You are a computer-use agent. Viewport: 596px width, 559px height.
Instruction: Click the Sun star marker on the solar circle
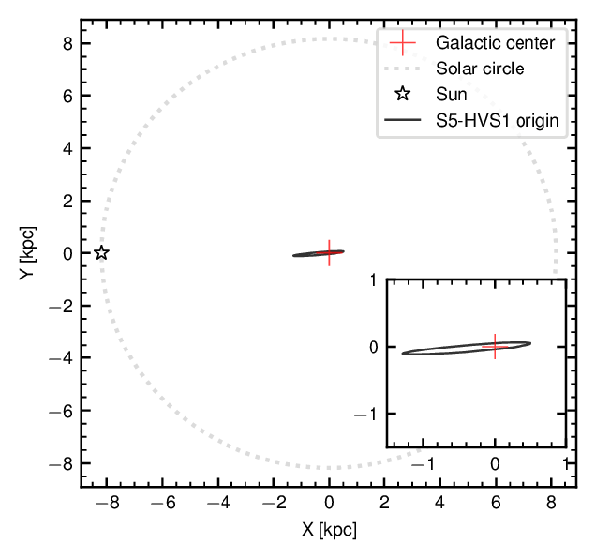(x=101, y=252)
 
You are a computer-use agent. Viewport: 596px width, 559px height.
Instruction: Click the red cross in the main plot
(x=329, y=252)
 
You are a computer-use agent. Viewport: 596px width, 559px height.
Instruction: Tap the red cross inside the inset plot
(x=495, y=347)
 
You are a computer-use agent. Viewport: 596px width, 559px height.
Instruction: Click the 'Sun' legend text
(x=451, y=95)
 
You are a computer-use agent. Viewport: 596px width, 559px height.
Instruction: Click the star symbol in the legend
(x=402, y=95)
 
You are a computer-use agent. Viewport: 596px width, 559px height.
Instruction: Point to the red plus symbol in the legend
(x=402, y=43)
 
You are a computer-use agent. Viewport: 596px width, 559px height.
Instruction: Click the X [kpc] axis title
(x=329, y=529)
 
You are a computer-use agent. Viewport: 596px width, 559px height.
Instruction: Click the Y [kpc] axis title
(x=27, y=252)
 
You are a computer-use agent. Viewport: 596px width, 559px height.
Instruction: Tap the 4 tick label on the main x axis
(x=440, y=503)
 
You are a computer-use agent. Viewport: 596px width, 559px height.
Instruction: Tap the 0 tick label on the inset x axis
(x=495, y=463)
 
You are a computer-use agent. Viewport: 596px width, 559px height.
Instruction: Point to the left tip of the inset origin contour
(x=403, y=353)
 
